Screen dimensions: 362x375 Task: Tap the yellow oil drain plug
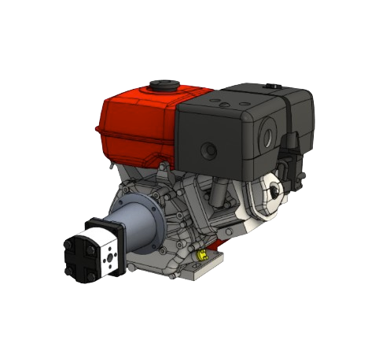click(x=202, y=256)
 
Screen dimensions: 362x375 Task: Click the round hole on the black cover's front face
click(x=209, y=148)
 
